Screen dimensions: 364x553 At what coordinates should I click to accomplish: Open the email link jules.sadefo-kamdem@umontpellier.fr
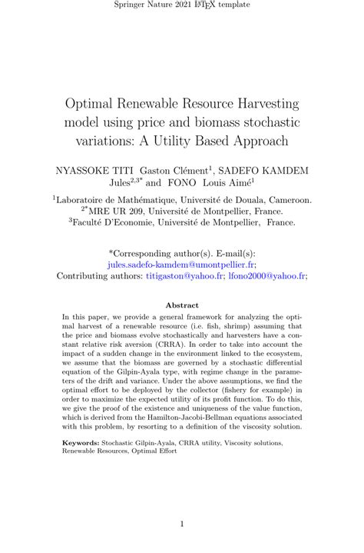182,262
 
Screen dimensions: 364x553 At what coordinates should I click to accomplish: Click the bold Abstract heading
182,305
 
